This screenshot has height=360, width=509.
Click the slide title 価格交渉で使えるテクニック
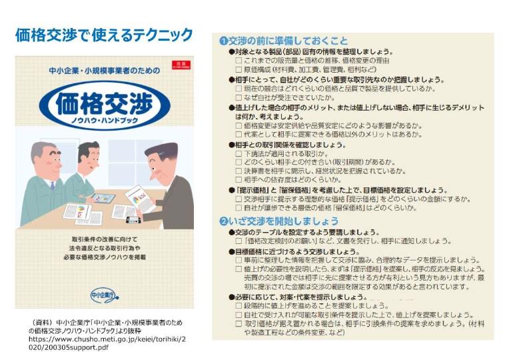pos(104,34)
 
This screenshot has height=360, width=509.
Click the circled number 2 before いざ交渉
pos(224,221)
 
